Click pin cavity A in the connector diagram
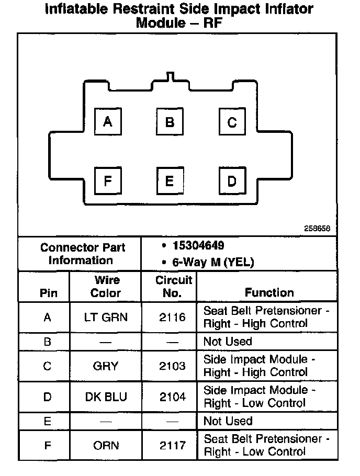point(107,122)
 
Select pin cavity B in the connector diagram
point(170,122)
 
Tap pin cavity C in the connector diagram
point(232,122)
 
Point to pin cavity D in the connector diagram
point(232,181)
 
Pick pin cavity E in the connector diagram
point(170,181)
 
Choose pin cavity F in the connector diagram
point(107,181)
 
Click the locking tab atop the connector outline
point(168,76)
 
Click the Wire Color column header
point(106,287)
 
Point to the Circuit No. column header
point(173,287)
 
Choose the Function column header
point(269,292)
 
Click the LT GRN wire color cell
point(106,317)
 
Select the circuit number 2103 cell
point(173,366)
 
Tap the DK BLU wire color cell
point(106,396)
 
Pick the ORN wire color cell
point(106,445)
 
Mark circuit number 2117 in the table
point(173,445)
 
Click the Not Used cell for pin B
point(228,342)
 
